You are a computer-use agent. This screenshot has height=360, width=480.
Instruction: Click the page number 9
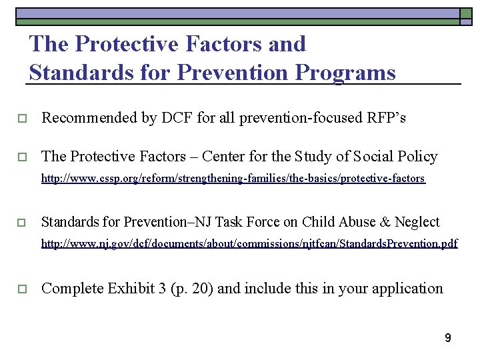[x=448, y=338]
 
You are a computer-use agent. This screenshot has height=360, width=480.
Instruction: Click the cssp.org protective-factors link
[x=233, y=179]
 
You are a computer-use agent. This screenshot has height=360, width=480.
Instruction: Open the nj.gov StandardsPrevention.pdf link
[x=249, y=244]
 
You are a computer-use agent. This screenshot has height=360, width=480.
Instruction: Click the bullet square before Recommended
[x=21, y=119]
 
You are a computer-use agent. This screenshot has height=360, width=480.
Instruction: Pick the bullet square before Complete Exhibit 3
[x=21, y=289]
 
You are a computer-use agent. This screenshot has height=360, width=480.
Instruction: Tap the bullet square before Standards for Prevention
[x=21, y=223]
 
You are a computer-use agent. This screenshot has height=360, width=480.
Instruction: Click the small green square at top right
[x=466, y=13]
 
